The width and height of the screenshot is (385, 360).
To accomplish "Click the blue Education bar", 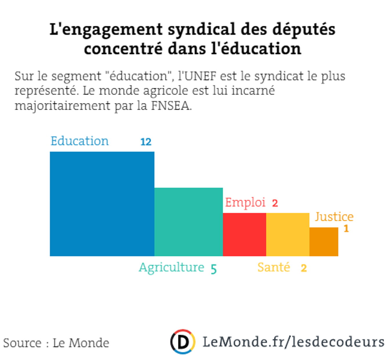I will (x=102, y=204).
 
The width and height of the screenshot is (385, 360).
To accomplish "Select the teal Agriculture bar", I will (x=188, y=222).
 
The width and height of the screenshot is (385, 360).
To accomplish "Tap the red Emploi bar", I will (x=244, y=234).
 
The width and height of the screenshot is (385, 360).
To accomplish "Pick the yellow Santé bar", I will (x=288, y=234).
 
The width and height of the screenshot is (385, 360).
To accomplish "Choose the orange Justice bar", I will (x=324, y=242).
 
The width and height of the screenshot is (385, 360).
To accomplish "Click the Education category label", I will (x=80, y=141).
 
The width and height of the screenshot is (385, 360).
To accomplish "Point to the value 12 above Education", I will (x=146, y=142).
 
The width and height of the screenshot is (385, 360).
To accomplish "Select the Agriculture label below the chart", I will (x=172, y=267).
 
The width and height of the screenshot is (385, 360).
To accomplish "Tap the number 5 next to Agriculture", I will (x=214, y=269).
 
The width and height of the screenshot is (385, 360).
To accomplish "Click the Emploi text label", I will (x=245, y=202).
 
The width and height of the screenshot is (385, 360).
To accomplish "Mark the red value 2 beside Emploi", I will (x=275, y=203).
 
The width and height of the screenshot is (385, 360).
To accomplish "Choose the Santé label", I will (x=274, y=267).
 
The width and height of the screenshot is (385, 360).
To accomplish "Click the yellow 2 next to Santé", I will (x=304, y=268).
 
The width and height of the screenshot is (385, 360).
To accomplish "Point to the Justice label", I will (x=334, y=217).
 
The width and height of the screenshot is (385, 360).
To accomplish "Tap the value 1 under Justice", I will (x=346, y=229).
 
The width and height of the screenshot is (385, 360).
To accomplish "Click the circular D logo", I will (x=183, y=342).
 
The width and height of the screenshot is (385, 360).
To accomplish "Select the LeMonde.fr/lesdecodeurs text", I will (x=293, y=342).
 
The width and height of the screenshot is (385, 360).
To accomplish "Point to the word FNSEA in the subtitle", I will (x=171, y=106).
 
